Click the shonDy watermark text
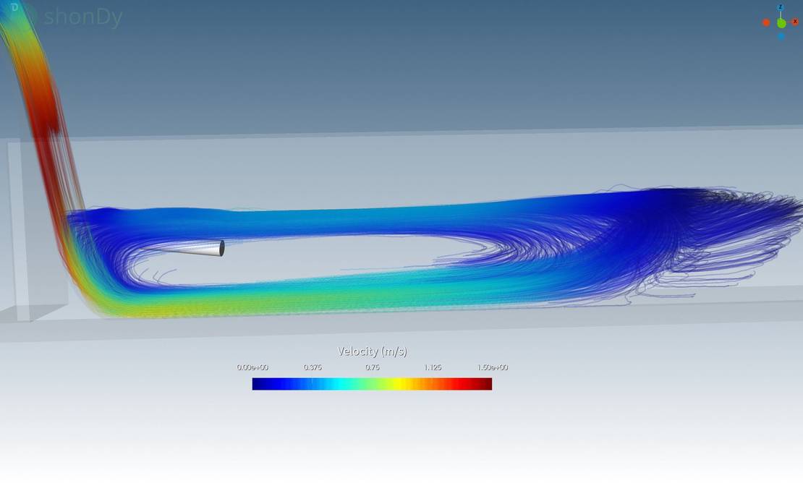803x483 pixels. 83,17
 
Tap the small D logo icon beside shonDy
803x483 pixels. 15,8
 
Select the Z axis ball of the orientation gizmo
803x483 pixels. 781,8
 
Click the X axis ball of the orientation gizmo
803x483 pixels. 795,22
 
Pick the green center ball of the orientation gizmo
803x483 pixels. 781,23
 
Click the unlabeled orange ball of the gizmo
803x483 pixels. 766,22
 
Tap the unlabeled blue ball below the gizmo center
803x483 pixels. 781,37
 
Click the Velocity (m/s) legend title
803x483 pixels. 373,351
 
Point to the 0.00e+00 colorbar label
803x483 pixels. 252,367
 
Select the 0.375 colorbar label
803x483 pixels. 313,367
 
